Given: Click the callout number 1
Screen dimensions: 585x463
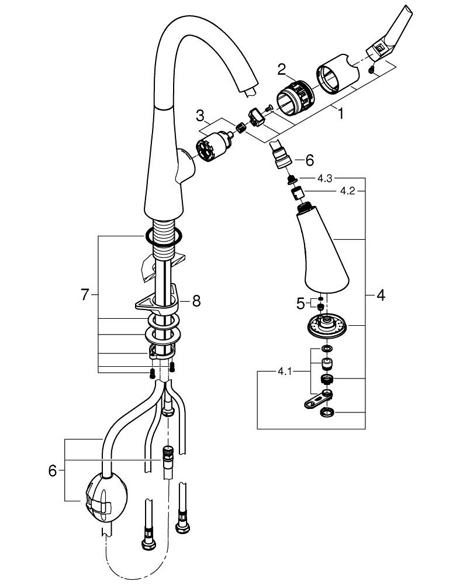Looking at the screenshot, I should tap(341, 113).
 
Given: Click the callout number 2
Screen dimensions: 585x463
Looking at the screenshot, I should tap(282, 70).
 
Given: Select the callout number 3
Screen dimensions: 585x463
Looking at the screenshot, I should tap(200, 115).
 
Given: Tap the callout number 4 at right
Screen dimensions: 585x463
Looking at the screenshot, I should tap(381, 295).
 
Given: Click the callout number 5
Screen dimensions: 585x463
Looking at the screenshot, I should tap(300, 303).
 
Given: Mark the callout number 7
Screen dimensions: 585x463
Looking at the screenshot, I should tap(85, 295).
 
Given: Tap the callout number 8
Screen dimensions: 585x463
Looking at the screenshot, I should tap(196, 301).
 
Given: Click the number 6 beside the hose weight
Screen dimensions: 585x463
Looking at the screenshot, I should tap(53, 470).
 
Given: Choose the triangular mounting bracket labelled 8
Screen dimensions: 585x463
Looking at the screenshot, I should tap(155, 302).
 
